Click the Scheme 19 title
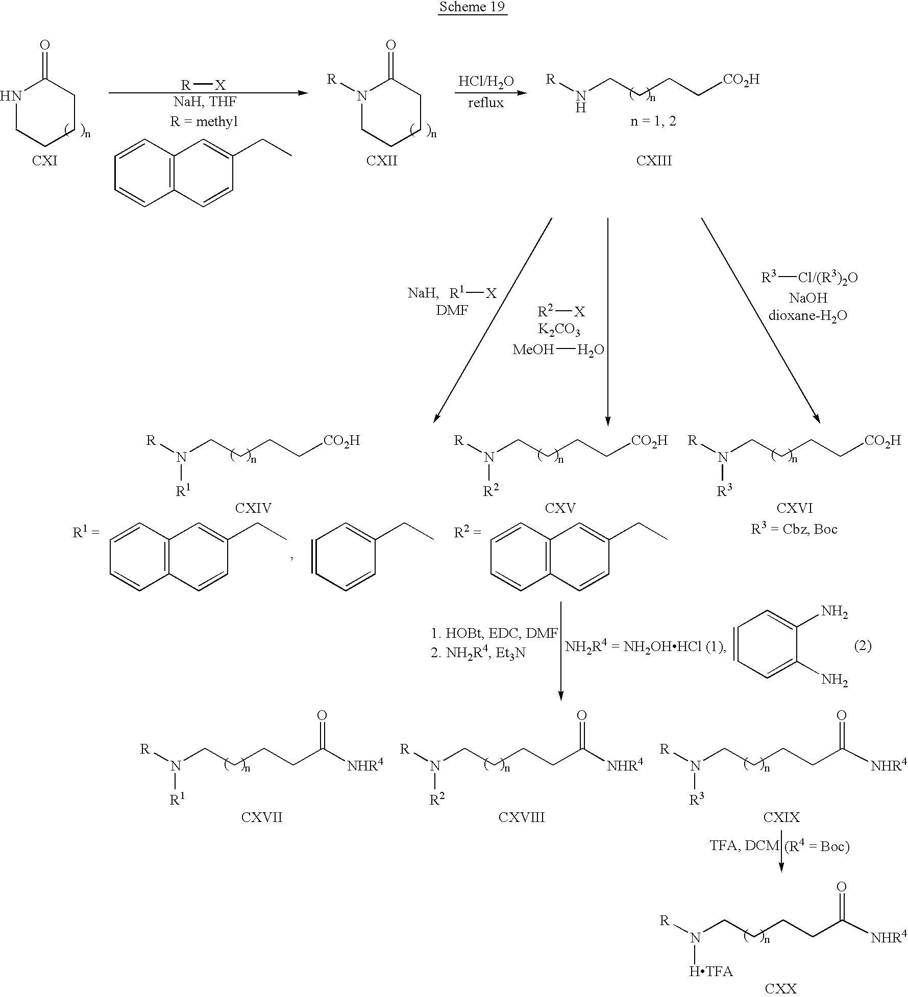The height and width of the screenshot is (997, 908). pos(473,7)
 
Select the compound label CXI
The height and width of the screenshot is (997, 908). pos(44,161)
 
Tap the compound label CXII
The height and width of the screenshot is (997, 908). pos(382,161)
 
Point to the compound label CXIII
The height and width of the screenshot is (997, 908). pos(654,161)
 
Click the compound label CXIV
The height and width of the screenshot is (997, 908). pos(253,508)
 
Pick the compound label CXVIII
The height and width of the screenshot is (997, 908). pos(522,817)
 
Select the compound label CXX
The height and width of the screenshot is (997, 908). pos(781,989)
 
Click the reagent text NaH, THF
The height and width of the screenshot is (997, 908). pos(205,102)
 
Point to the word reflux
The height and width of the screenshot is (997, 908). pos(486,103)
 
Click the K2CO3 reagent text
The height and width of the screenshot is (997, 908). pos(559,331)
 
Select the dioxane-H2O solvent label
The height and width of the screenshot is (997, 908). pos(808,316)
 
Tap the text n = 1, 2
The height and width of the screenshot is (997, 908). pos(653,122)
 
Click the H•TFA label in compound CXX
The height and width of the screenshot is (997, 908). pos(711,971)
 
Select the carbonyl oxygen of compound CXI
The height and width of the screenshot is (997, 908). pos(45,45)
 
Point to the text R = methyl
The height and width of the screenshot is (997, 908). pos(204,122)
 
